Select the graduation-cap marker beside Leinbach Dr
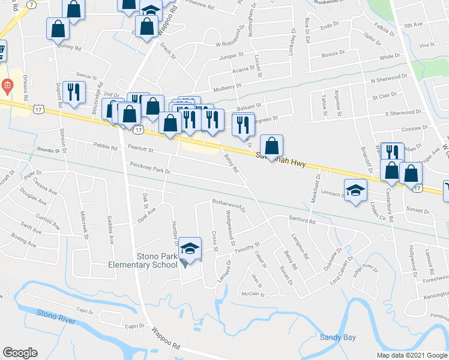tap(355, 191)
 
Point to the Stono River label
tap(55, 314)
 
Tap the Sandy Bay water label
tap(337, 337)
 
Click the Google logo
tap(20, 353)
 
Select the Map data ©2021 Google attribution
tap(411, 355)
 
